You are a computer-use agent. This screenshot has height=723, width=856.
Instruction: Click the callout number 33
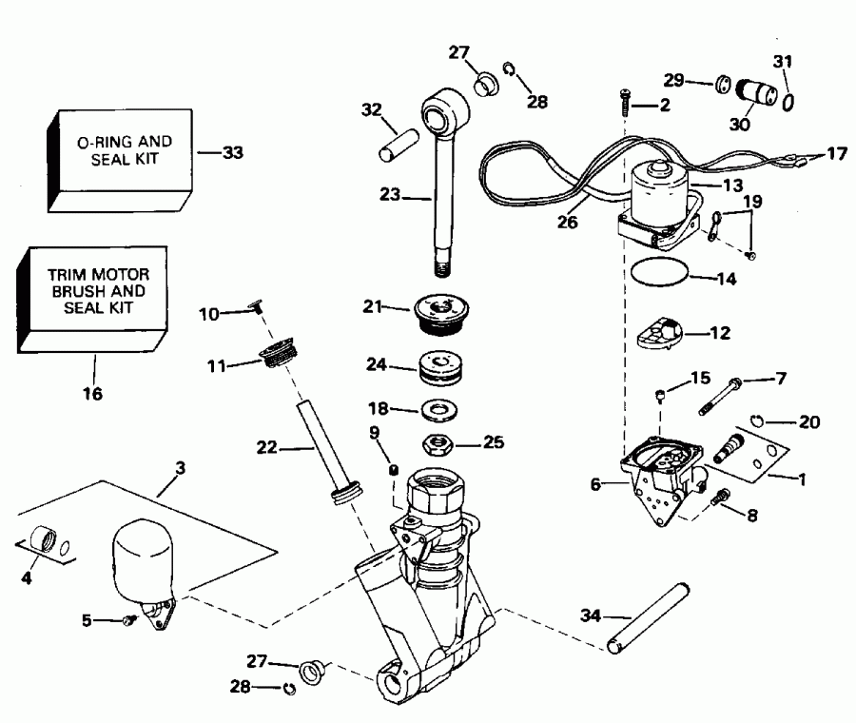233,151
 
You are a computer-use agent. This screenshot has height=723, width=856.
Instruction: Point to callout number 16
95,393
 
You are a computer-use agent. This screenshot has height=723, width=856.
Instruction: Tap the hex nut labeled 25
440,443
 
